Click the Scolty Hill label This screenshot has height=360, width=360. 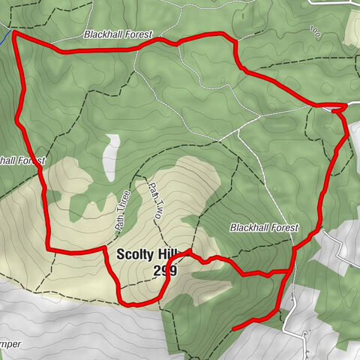147,254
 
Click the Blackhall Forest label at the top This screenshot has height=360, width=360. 118,34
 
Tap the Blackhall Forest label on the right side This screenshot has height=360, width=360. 264,227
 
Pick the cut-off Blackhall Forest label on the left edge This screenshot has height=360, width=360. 22,160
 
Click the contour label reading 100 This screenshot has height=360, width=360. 314,32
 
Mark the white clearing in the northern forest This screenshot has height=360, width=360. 112,157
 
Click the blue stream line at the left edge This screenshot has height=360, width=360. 4,37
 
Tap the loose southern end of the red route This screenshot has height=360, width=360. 235,328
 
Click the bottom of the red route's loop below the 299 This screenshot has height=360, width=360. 139,304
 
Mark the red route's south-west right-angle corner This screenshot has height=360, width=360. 49,249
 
